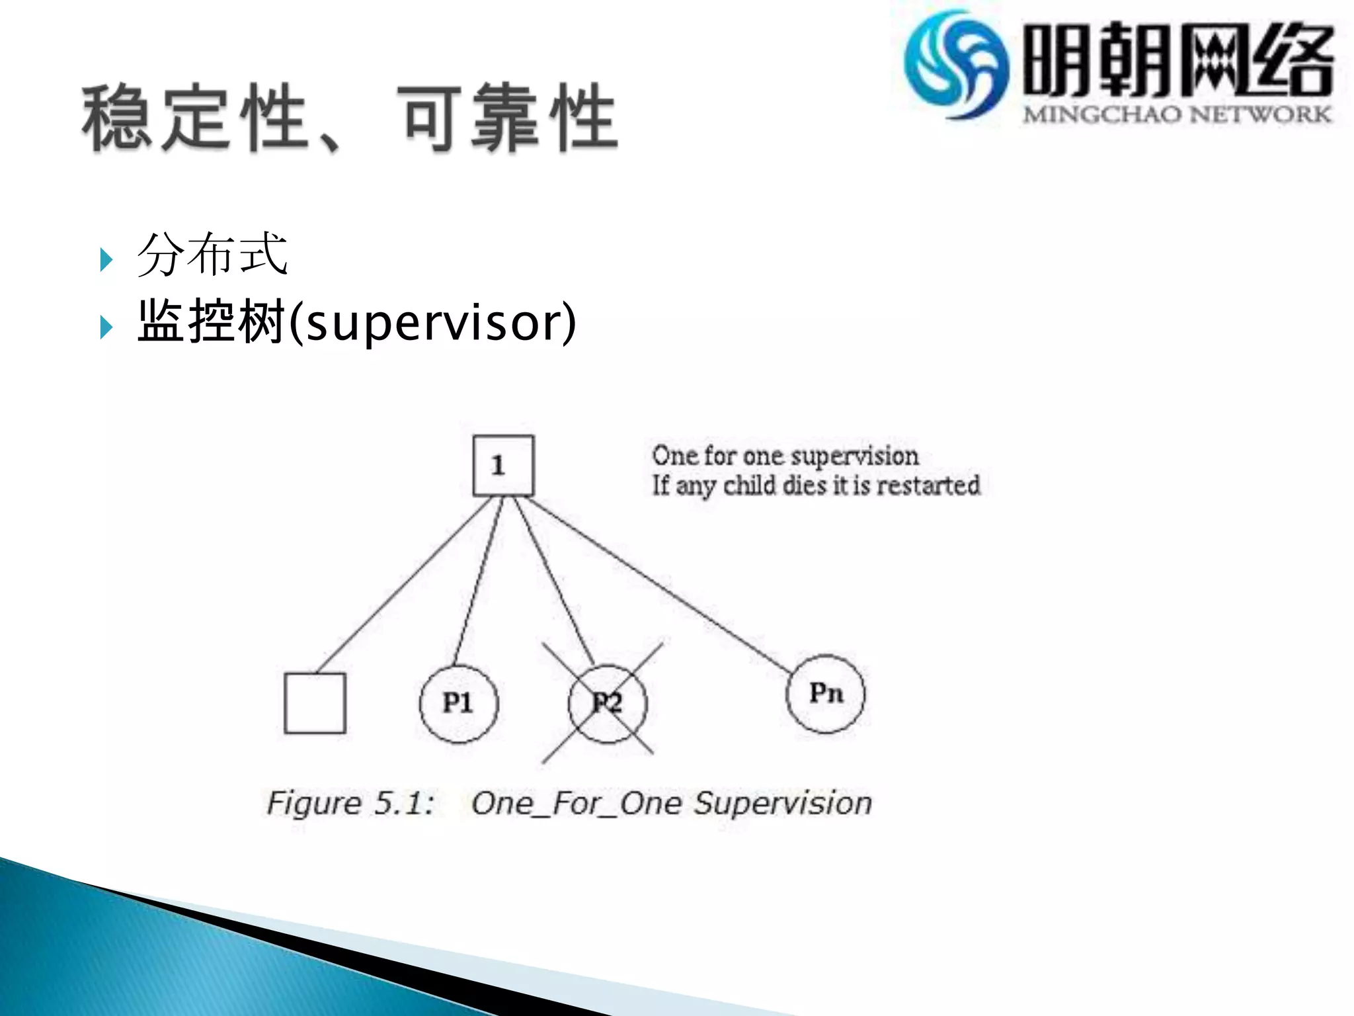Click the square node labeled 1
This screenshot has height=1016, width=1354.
point(503,466)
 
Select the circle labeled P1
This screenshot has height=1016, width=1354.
point(459,703)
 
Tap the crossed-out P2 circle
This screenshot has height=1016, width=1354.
point(607,703)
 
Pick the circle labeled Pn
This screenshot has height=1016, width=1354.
point(825,694)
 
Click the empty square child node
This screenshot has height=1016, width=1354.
point(315,703)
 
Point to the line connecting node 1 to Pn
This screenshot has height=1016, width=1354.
point(661,586)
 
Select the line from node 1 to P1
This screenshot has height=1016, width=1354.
point(478,582)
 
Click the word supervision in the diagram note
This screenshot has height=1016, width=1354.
point(854,456)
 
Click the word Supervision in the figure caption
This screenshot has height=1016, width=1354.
point(783,803)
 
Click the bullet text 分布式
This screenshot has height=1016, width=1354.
point(212,254)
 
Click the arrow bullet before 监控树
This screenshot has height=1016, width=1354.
point(106,327)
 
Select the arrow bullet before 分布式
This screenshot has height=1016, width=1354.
point(106,259)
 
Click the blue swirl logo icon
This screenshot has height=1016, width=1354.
point(956,65)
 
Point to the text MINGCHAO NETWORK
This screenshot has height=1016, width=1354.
point(1177,114)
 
